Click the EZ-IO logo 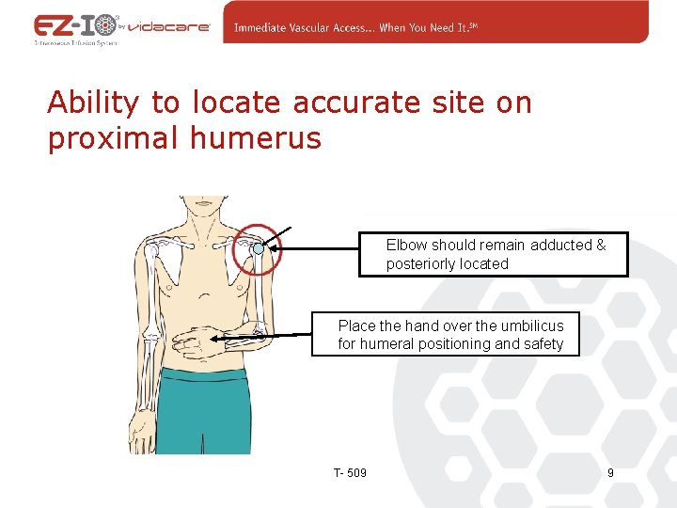pos(74,25)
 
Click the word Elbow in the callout pos(406,245)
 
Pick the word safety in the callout pos(539,344)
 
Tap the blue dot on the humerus pos(259,249)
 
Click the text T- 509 pos(350,472)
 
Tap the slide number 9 pos(610,472)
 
